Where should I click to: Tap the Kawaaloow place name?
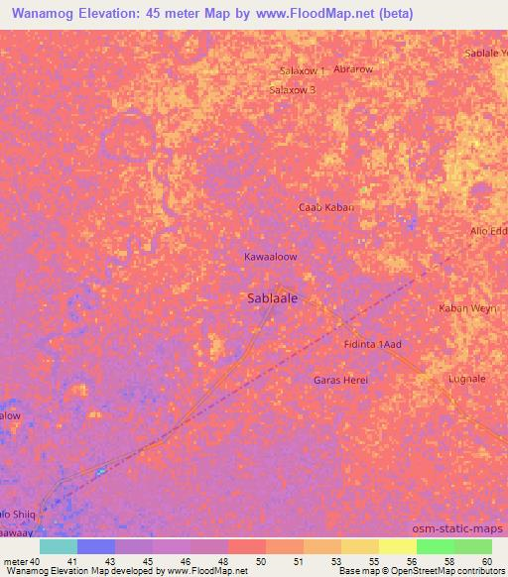tap(271, 256)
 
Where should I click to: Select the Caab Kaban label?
tap(326, 207)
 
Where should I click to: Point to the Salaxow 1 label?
tap(303, 71)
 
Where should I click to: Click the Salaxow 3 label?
tap(293, 89)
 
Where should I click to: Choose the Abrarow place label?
tap(353, 69)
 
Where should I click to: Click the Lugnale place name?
tap(466, 379)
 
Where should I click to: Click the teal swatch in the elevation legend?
tap(58, 546)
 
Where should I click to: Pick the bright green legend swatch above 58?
tap(435, 546)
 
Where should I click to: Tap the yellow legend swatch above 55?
tap(360, 546)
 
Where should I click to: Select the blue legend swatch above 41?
tap(96, 546)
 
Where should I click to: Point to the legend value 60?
tap(485, 562)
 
